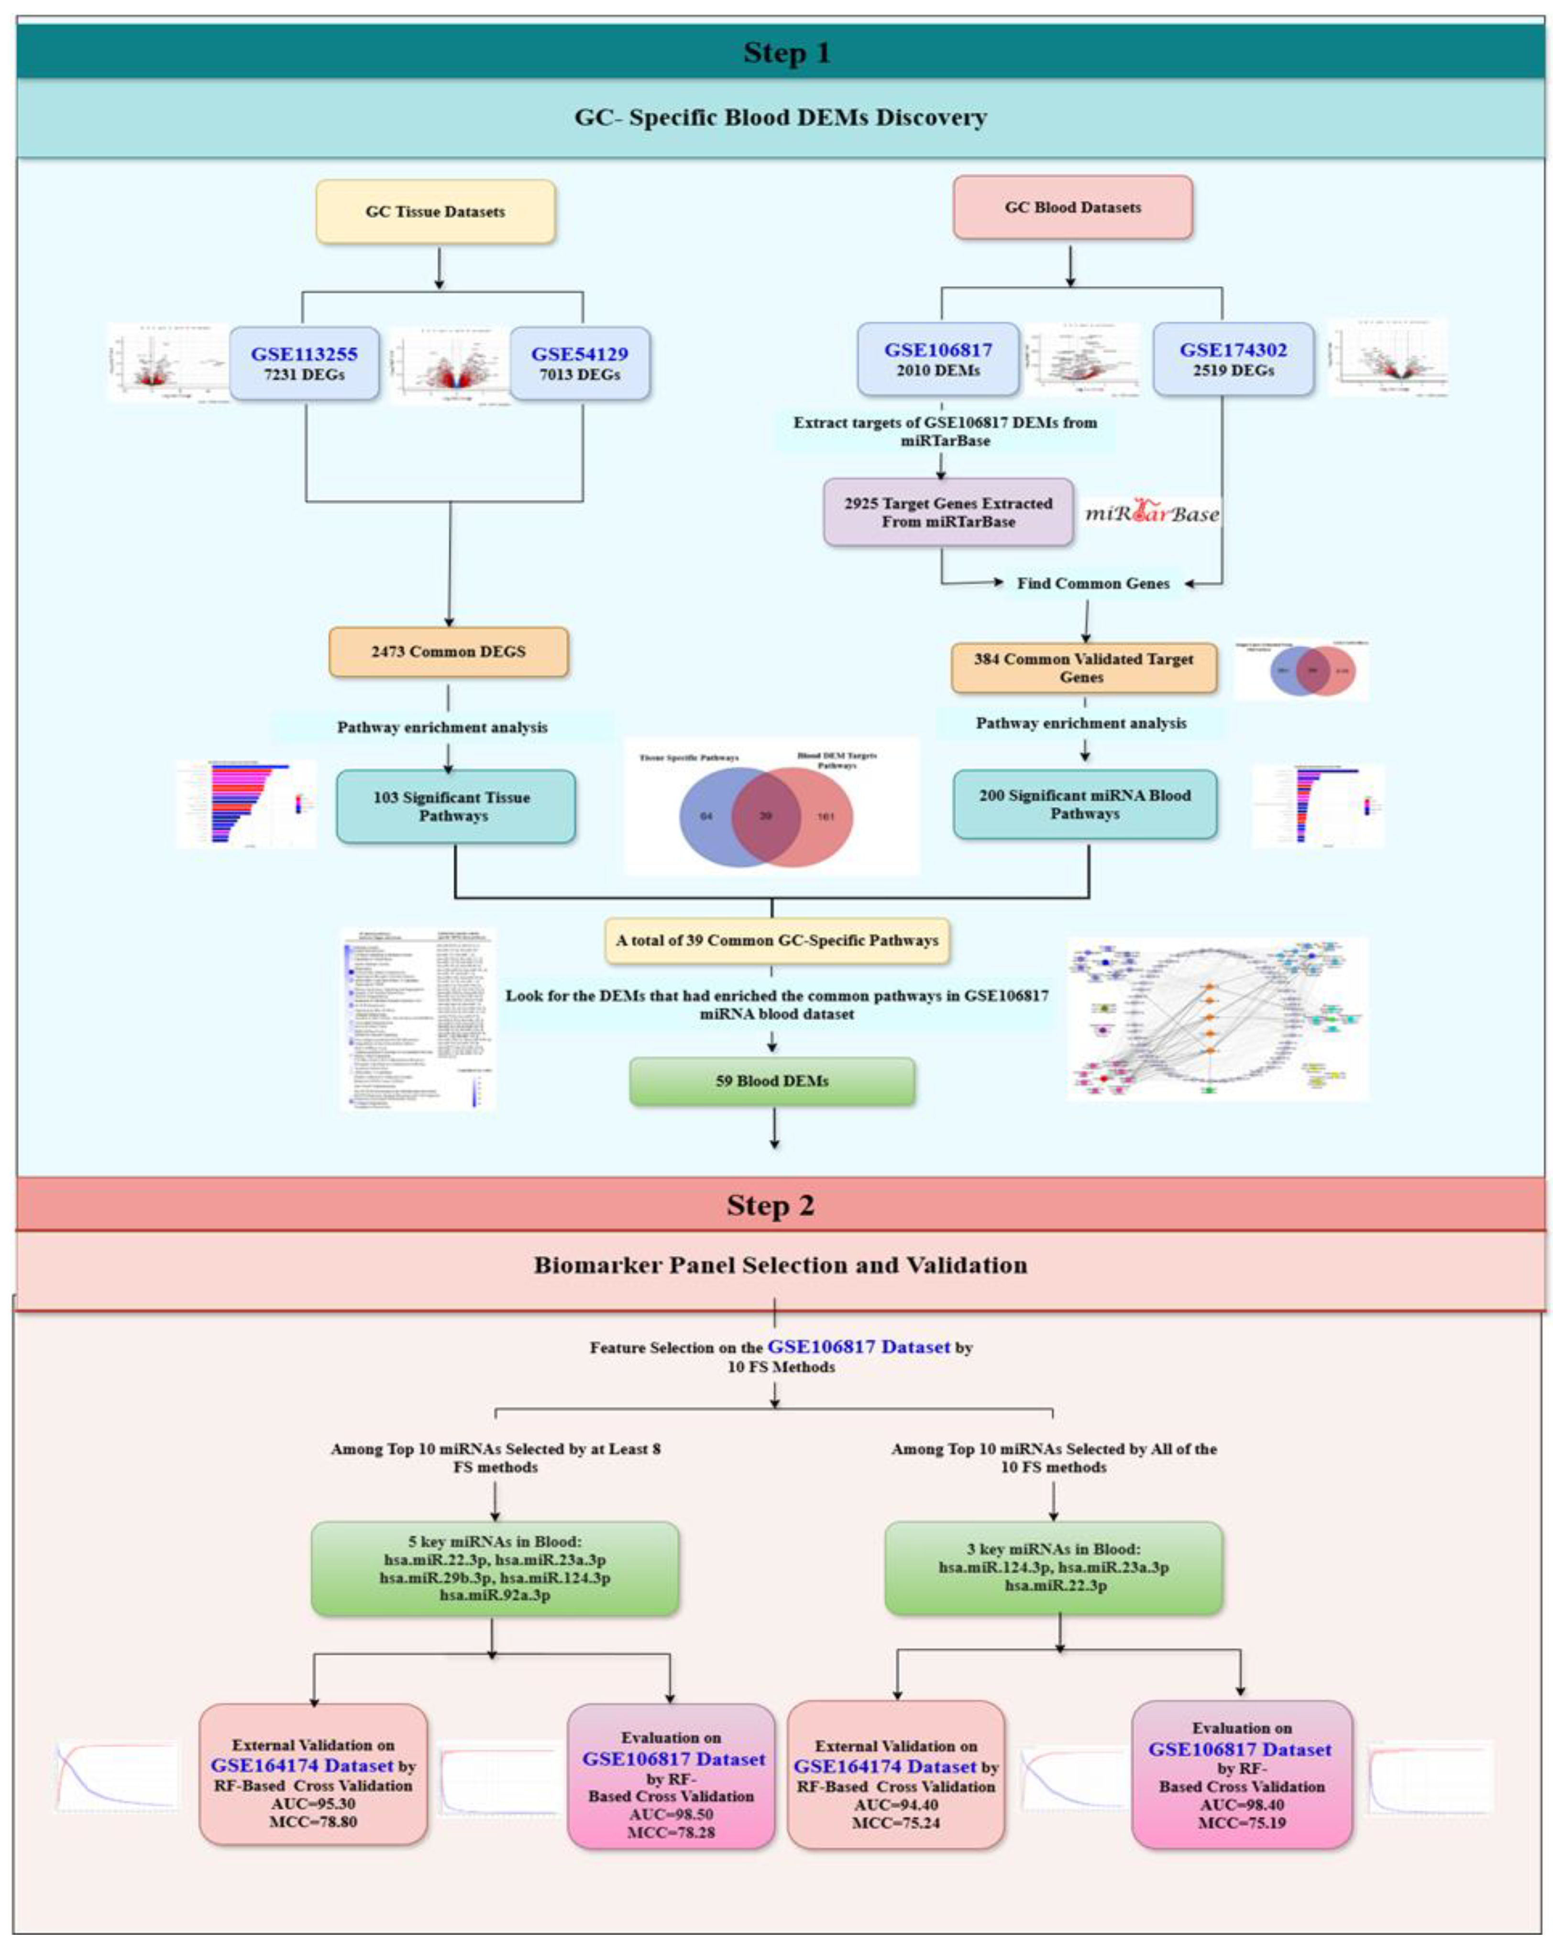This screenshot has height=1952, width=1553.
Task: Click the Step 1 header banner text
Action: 786,53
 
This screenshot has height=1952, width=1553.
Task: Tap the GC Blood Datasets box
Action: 1072,207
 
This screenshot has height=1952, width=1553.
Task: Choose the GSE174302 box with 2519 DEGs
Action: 1233,359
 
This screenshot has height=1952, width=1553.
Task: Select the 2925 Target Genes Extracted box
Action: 948,512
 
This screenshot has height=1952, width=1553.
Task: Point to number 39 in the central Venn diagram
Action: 765,816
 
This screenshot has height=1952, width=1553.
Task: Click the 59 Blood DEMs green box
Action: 771,1081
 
